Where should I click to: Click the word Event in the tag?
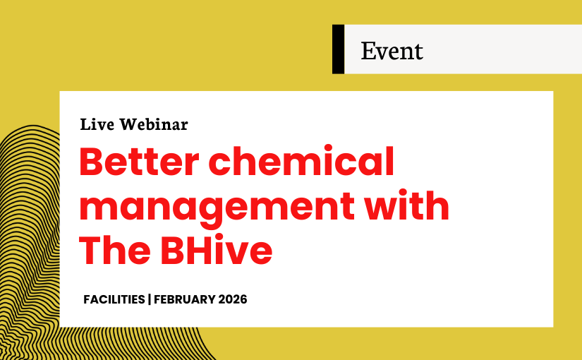[x=392, y=51]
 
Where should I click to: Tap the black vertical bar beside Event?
[x=338, y=49]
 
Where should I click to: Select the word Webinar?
[x=154, y=125]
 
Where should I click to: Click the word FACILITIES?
[x=114, y=299]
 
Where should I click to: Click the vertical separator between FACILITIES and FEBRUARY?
[x=149, y=299]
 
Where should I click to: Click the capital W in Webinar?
[x=128, y=125]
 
